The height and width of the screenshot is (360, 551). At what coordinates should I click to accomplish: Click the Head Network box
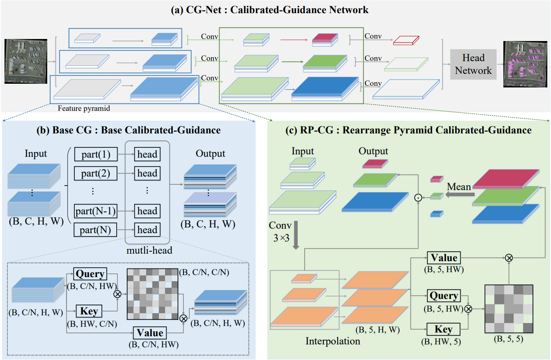473,64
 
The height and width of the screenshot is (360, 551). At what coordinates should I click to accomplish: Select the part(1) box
96,154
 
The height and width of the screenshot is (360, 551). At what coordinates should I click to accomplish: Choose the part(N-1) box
96,211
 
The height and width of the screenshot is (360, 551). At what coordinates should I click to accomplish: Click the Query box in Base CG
90,274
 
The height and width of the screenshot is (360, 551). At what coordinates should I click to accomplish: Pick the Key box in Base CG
89,311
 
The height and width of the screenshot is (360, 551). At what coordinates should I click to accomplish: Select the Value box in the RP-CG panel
444,258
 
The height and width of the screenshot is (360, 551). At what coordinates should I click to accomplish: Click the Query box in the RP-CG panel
444,296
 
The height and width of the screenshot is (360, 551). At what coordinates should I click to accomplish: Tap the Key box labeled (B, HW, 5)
444,329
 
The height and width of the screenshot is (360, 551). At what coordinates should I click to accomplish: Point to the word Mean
459,187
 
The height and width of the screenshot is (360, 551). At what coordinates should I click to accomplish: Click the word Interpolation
333,341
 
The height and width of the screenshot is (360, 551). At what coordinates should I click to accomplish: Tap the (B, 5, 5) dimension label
509,340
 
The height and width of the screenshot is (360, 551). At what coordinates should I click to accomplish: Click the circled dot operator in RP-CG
418,198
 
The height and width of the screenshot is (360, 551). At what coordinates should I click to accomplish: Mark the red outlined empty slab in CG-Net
406,40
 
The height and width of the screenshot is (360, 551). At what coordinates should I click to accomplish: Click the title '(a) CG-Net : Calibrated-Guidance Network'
270,9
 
